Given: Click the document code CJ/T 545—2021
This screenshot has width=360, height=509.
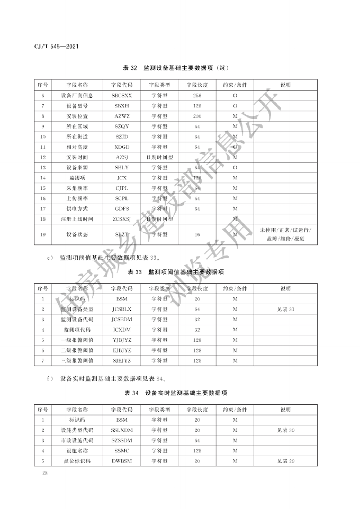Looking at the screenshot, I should (53, 47).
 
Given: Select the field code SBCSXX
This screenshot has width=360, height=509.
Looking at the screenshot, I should (122, 96).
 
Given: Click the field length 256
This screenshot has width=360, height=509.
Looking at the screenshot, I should (197, 96).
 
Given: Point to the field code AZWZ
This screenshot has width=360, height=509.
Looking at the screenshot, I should (122, 116).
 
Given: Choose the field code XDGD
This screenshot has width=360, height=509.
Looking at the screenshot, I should (122, 147).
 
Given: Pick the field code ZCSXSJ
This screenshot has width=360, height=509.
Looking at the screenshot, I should (122, 219).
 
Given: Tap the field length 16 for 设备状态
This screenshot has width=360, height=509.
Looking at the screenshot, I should (197, 234).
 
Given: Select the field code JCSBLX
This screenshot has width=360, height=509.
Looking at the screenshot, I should (122, 309).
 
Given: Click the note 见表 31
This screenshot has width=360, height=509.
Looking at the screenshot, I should (285, 309).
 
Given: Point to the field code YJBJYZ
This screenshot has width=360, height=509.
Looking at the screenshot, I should (122, 340).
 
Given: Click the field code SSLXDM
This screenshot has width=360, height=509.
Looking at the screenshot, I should (122, 430).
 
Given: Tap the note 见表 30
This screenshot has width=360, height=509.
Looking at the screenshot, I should (285, 430).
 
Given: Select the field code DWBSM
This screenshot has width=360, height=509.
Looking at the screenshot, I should (122, 461).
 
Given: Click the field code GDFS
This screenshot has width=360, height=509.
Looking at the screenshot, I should (122, 208).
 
